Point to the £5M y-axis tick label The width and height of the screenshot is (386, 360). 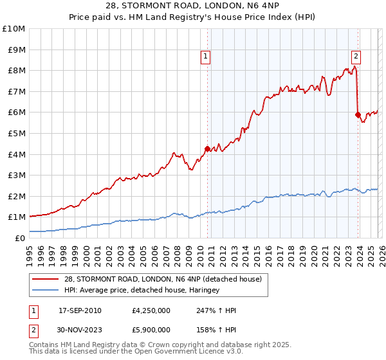click(x=15, y=133)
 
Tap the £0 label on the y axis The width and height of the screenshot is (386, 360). click(x=20, y=238)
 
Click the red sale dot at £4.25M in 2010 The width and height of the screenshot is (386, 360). click(x=207, y=148)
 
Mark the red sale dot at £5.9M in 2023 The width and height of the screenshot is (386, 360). click(x=358, y=114)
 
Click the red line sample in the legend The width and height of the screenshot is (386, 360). click(x=46, y=279)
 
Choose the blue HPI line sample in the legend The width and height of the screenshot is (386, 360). click(x=46, y=291)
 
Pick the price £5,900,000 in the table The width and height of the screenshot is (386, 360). click(x=150, y=330)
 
